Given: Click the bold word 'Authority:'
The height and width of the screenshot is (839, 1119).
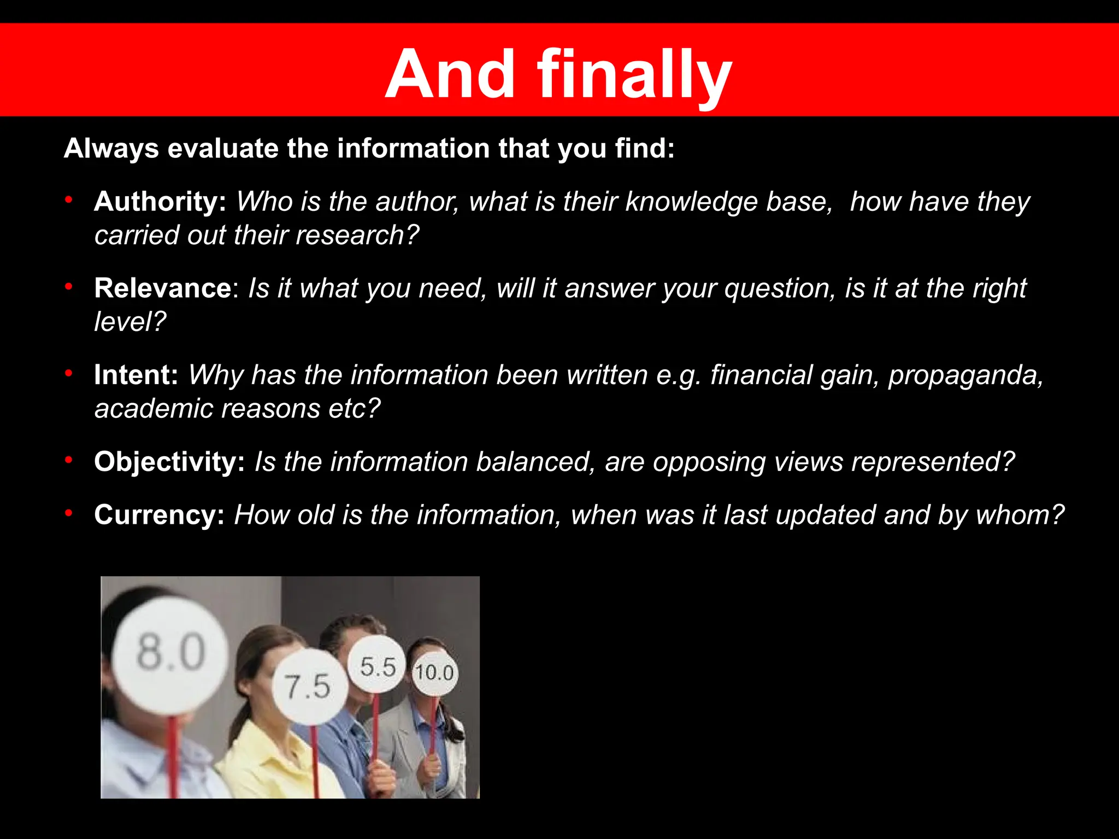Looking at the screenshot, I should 160,202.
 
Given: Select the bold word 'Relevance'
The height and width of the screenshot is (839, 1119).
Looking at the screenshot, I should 163,288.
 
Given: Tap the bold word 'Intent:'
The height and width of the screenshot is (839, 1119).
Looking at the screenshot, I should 136,375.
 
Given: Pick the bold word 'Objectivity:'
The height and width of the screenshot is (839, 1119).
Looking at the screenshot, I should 169,462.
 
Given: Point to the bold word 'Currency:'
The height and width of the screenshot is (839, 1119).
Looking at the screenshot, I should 159,515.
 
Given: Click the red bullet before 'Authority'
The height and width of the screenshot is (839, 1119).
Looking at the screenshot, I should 69,200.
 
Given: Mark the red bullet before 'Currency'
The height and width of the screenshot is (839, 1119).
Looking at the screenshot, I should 69,513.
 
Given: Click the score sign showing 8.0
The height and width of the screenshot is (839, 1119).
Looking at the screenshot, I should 170,652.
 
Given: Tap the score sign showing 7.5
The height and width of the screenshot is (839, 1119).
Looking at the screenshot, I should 309,686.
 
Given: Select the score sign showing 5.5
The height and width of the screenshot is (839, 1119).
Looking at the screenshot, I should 378,666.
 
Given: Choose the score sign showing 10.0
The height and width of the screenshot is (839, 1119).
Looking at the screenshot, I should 434,672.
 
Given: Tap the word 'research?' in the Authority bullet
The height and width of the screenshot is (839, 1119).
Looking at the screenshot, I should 357,235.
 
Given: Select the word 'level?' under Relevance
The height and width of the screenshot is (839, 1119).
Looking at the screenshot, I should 130,322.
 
